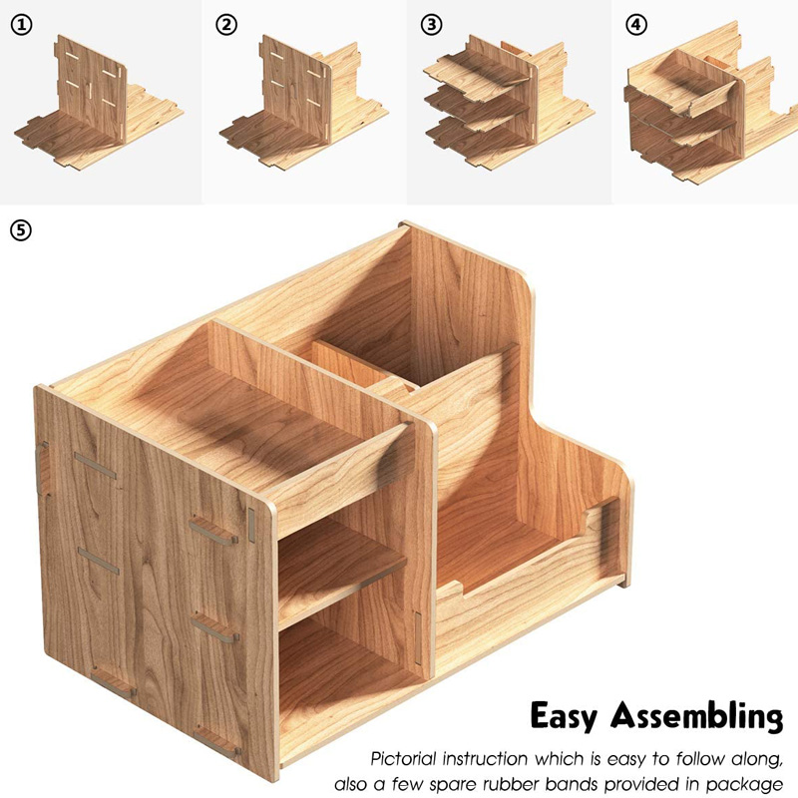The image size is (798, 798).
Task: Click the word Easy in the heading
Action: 566,717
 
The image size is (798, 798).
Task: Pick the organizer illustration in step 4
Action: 704,110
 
